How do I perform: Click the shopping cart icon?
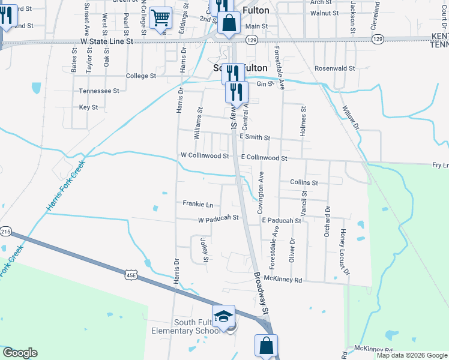pos(160,18)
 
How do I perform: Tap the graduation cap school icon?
pos(223,316)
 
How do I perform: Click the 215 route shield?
pos(6,232)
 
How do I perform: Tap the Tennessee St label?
pos(99,91)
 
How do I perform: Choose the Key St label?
pos(88,107)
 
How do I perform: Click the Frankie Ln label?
pos(198,204)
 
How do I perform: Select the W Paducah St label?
pos(218,219)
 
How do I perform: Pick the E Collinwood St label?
pos(264,158)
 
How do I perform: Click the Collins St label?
pos(303,182)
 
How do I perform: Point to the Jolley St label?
pos(205,251)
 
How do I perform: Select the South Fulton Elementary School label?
pos(180,327)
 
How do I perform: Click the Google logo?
pos(20,353)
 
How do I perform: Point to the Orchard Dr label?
pos(327,221)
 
